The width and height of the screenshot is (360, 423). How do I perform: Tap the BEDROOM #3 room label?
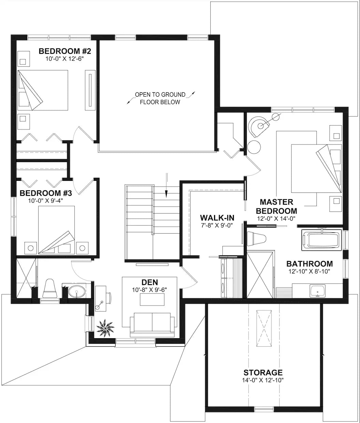coord(46,193)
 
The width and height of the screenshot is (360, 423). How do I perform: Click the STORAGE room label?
coord(263,373)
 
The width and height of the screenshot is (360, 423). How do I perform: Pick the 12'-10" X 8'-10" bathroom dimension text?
coord(310,271)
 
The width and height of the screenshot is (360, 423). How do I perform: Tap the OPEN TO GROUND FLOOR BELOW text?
coord(160,98)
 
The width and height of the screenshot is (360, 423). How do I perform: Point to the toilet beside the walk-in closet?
coord(257,238)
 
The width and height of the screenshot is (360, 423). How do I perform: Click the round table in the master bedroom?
coord(254,147)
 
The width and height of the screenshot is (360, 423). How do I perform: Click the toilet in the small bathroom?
coord(49,288)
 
